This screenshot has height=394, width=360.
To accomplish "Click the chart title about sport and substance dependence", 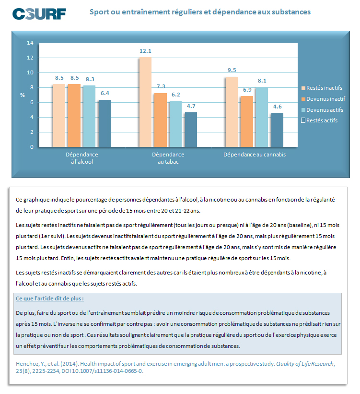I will [x=200, y=12].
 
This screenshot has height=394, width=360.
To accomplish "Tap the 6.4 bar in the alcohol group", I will [x=105, y=123].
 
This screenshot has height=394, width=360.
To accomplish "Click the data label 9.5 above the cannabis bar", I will [x=232, y=70].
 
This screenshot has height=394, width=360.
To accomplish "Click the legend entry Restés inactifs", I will [x=324, y=88].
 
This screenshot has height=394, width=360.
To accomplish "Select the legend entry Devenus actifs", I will [x=324, y=110].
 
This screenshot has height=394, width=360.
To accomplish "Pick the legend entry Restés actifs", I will [x=322, y=120].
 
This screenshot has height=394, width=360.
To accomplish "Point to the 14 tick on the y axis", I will [x=30, y=43].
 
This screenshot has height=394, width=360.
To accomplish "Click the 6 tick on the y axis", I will [x=32, y=103].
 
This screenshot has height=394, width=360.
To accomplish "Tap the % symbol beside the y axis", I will [x=23, y=95].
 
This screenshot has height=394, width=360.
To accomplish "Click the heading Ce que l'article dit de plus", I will [x=50, y=298].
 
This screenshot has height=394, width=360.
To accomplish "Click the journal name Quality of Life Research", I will [x=304, y=363].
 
